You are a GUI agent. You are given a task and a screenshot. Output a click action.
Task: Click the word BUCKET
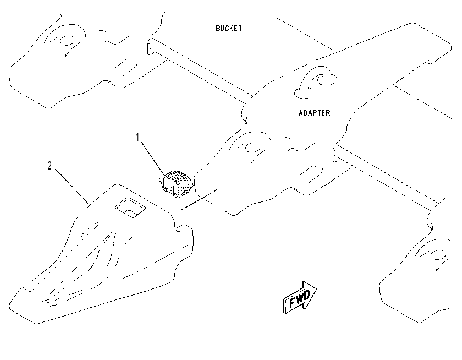pyautogui.click(x=229, y=28)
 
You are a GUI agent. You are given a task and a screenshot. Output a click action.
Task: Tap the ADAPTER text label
pyautogui.click(x=315, y=113)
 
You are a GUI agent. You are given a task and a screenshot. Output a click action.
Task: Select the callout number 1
pyautogui.click(x=137, y=137)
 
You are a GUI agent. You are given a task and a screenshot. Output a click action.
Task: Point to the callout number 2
pyautogui.click(x=50, y=166)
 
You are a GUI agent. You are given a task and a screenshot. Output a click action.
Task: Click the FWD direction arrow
pyautogui.click(x=300, y=297)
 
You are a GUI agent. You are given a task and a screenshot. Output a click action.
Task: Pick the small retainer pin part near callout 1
pyautogui.click(x=176, y=184)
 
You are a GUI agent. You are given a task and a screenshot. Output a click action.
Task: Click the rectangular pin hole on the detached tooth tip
pyautogui.click(x=130, y=208)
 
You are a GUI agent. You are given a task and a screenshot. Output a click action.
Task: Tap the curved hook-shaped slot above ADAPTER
pyautogui.click(x=315, y=81)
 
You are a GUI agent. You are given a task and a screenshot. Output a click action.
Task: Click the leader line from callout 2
pyautogui.click(x=72, y=187)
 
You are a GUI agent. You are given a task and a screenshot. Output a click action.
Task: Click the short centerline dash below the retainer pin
pyautogui.click(x=199, y=200)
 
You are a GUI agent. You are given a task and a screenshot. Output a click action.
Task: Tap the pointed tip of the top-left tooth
pyautogui.click(x=10, y=74)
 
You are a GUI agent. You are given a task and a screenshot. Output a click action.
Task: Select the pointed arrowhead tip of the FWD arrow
pyautogui.click(x=317, y=287)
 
